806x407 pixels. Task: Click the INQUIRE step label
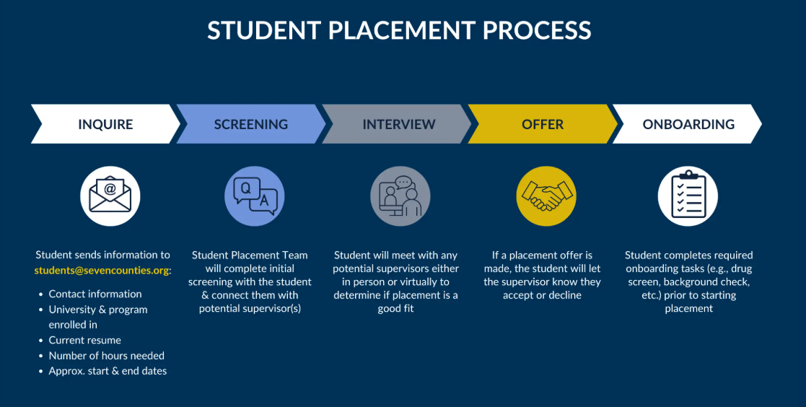(x=105, y=124)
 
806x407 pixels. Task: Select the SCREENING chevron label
(x=251, y=124)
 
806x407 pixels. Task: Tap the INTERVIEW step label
(x=399, y=124)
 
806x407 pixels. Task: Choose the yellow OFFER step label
(x=543, y=124)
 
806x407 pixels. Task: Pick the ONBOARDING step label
(x=689, y=124)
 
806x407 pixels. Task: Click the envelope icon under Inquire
(x=110, y=196)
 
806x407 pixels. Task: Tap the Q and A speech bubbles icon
(x=255, y=196)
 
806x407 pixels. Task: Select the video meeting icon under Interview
(x=400, y=196)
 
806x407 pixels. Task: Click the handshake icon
(x=546, y=196)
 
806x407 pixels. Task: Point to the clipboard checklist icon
(x=688, y=196)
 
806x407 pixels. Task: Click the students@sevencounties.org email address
(x=102, y=271)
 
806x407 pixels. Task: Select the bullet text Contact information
(x=95, y=294)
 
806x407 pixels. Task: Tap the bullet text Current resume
(x=85, y=340)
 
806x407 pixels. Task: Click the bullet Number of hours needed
(x=106, y=356)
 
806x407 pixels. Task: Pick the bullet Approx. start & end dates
(x=108, y=371)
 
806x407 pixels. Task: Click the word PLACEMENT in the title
(x=401, y=30)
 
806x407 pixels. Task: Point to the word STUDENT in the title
(x=264, y=30)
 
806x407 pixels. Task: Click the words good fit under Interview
(x=396, y=309)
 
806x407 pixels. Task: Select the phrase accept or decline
(x=543, y=295)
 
